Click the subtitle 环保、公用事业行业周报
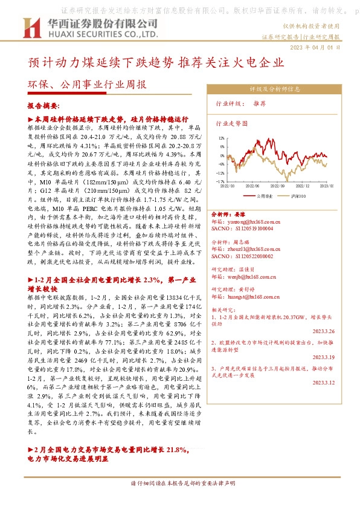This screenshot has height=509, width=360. tap(87, 85)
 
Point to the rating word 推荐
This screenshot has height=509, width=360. tap(260, 104)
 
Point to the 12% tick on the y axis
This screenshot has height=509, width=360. tap(222, 137)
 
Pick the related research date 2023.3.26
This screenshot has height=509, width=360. tap(327, 331)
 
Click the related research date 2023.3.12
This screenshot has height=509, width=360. tap(327, 383)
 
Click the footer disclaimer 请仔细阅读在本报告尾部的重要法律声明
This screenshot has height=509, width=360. tap(179, 483)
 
